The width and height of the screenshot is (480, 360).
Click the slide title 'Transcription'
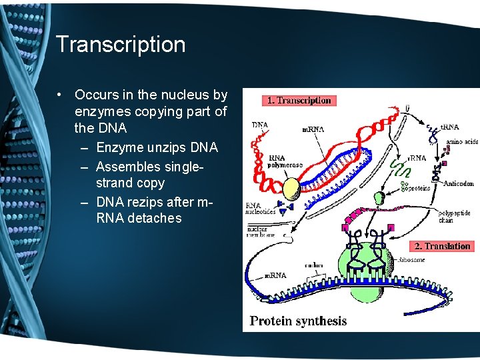coord(121,45)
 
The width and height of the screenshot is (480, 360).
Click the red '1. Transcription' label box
coord(299,101)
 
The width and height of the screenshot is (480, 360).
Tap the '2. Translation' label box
coord(442,246)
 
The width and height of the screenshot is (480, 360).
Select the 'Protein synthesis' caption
coord(298,321)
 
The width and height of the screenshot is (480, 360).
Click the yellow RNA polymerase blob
coord(291,190)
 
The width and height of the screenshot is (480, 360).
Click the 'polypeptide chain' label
coord(455,217)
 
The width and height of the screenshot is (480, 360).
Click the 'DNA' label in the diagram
coord(260,125)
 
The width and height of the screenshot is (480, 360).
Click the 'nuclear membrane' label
coord(261,231)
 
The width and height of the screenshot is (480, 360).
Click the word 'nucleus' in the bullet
coord(175,95)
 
